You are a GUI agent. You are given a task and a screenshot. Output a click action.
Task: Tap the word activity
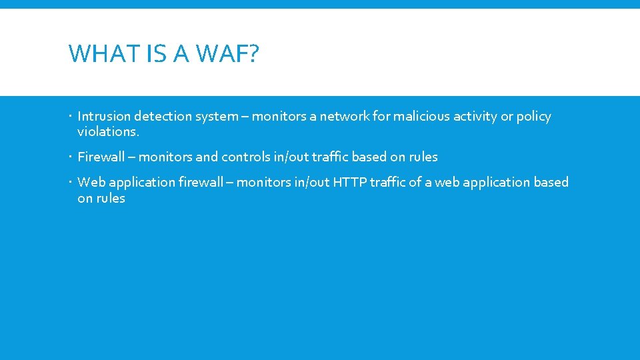[475, 117]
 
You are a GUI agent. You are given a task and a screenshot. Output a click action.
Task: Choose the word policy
[534, 117]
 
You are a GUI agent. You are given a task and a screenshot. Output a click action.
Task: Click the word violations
[108, 132]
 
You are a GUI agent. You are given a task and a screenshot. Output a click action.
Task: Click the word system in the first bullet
[217, 117]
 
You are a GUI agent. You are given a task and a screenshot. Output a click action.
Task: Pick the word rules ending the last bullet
[110, 199]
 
